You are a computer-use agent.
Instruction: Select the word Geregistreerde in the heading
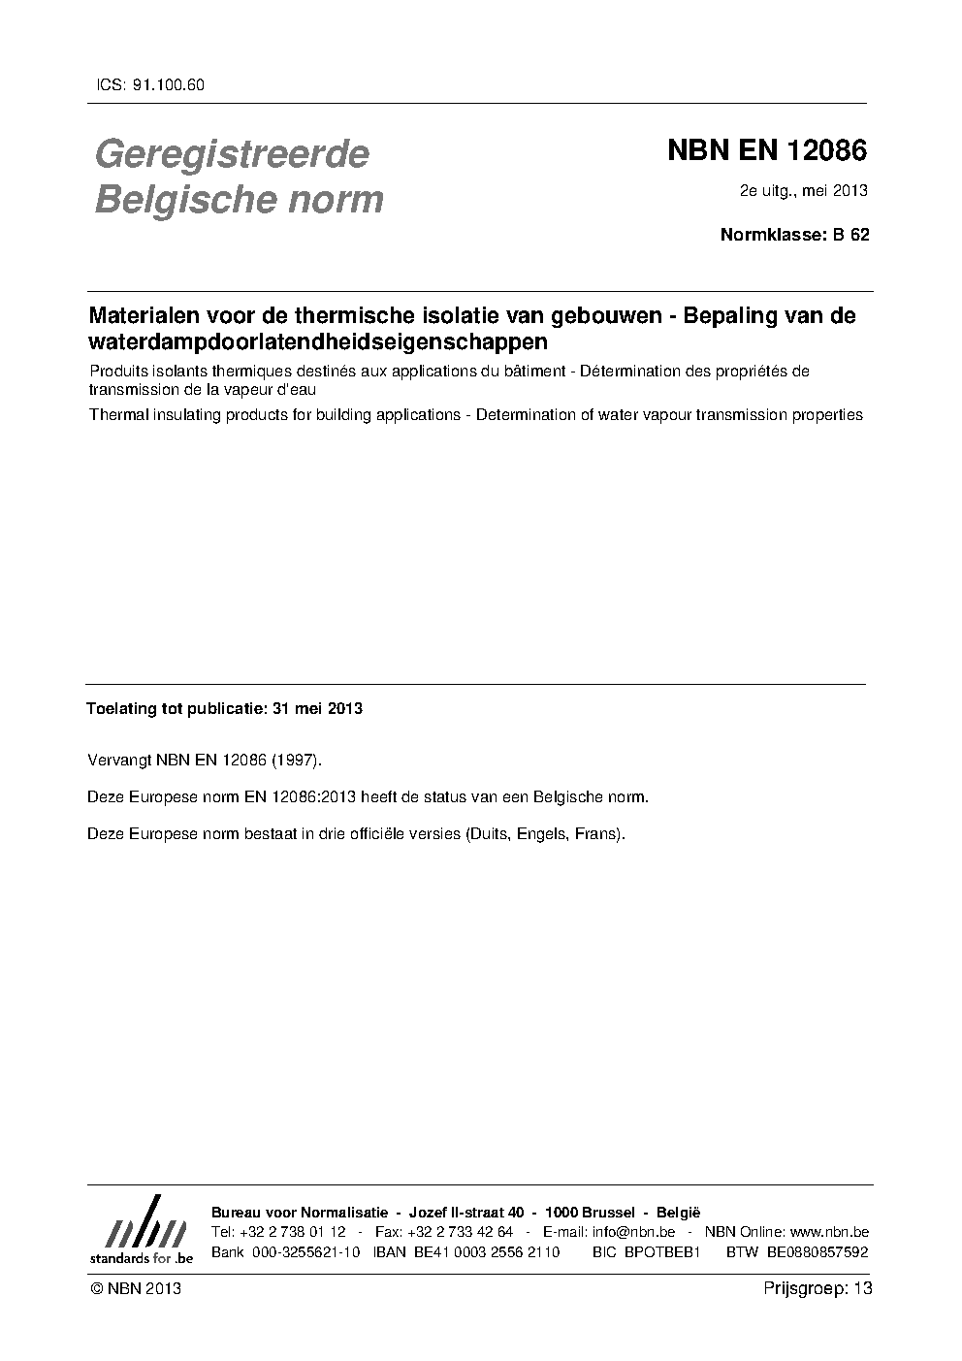[x=232, y=153]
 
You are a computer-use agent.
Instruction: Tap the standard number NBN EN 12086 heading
[x=766, y=150]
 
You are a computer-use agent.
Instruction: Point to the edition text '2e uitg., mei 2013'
[x=803, y=190]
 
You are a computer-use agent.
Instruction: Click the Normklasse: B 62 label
[x=794, y=234]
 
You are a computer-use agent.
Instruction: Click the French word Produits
[x=116, y=371]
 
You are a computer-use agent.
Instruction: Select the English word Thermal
[x=115, y=414]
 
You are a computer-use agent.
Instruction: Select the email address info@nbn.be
[x=633, y=1232]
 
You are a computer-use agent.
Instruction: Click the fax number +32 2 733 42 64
[x=461, y=1232]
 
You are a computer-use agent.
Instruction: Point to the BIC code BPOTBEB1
[x=663, y=1252]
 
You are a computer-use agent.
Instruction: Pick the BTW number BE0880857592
[x=818, y=1252]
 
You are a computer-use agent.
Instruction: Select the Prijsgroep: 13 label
[x=818, y=1288]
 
